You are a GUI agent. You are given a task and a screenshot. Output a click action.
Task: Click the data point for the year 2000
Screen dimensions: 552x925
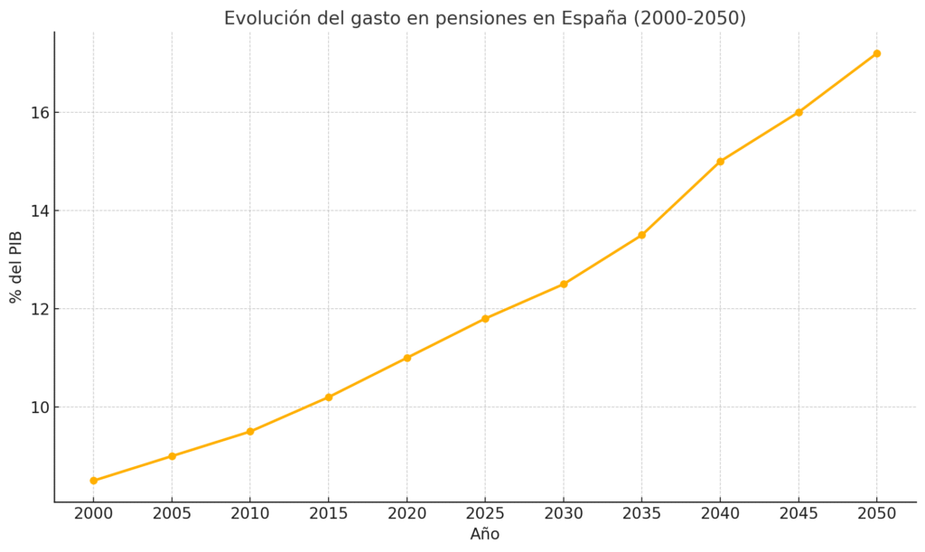click(94, 481)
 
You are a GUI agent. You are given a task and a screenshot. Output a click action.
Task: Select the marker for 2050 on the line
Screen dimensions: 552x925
click(876, 53)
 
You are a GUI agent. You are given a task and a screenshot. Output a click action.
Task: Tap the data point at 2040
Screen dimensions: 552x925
click(720, 162)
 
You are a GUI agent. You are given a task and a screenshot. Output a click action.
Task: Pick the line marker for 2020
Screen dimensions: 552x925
click(407, 358)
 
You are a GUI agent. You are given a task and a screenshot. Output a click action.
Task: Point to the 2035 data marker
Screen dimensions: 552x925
click(641, 235)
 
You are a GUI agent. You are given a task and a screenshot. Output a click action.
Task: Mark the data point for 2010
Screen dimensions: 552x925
click(250, 432)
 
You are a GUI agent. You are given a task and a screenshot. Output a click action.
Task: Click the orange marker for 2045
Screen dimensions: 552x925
click(799, 112)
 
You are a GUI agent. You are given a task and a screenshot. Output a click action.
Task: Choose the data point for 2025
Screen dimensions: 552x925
click(485, 319)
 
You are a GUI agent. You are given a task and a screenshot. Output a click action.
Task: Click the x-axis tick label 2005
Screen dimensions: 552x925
click(172, 514)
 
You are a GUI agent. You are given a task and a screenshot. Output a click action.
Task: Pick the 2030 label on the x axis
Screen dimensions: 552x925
click(564, 514)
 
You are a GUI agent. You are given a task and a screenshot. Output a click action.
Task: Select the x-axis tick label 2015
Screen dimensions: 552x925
click(329, 514)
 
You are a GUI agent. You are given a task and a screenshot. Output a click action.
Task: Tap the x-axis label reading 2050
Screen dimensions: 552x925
click(876, 514)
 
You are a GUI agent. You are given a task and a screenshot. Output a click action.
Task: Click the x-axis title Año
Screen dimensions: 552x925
click(485, 535)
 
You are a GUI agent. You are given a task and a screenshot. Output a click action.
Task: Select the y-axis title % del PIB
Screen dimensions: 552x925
click(15, 267)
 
